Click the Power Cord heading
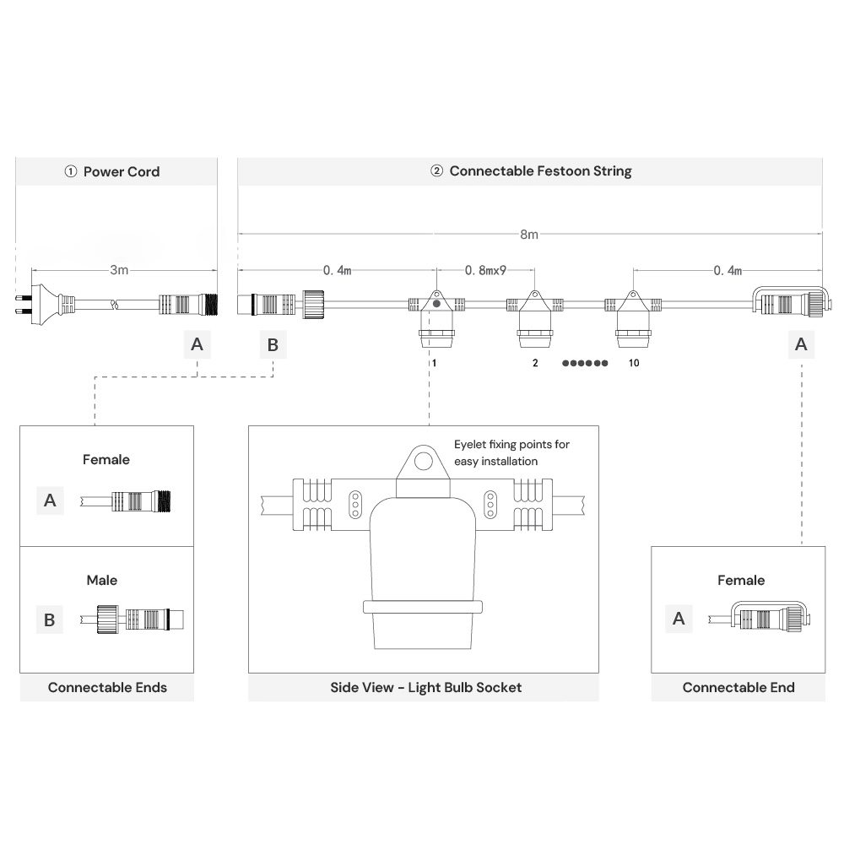pos(112,171)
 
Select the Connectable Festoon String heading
pos(531,171)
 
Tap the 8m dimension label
pos(528,235)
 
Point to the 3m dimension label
pos(119,270)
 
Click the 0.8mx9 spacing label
pos(485,270)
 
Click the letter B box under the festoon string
pos(273,344)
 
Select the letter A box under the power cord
pos(197,344)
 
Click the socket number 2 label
pos(535,362)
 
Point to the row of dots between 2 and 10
pos(585,363)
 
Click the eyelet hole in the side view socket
pos(423,461)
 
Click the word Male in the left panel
pos(102,580)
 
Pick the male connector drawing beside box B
pos(133,619)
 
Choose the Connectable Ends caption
pos(107,687)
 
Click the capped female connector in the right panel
pos(766,619)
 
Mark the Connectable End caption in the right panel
pos(738,687)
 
